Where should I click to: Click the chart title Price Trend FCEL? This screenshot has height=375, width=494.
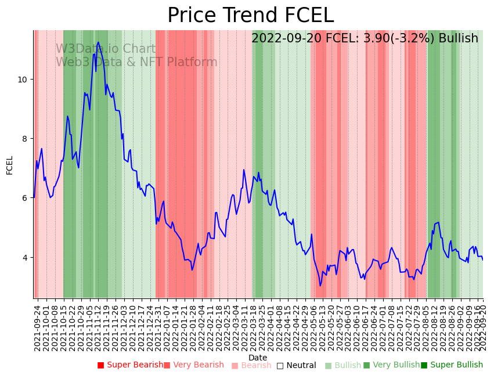tap(250, 15)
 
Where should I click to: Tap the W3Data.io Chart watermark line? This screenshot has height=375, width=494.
tap(106, 49)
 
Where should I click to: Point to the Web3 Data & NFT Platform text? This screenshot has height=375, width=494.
tap(136, 62)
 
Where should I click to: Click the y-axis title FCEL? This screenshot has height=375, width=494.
tap(10, 165)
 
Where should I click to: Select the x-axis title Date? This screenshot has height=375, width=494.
tap(258, 358)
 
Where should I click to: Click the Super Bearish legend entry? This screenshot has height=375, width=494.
tap(130, 365)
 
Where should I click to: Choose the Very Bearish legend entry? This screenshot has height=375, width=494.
tap(193, 365)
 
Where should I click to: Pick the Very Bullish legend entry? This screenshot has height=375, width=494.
tap(391, 365)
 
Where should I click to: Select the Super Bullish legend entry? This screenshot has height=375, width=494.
tap(452, 365)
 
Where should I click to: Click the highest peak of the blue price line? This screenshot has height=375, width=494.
tap(98, 42)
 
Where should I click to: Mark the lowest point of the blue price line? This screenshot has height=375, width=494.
tap(320, 286)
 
